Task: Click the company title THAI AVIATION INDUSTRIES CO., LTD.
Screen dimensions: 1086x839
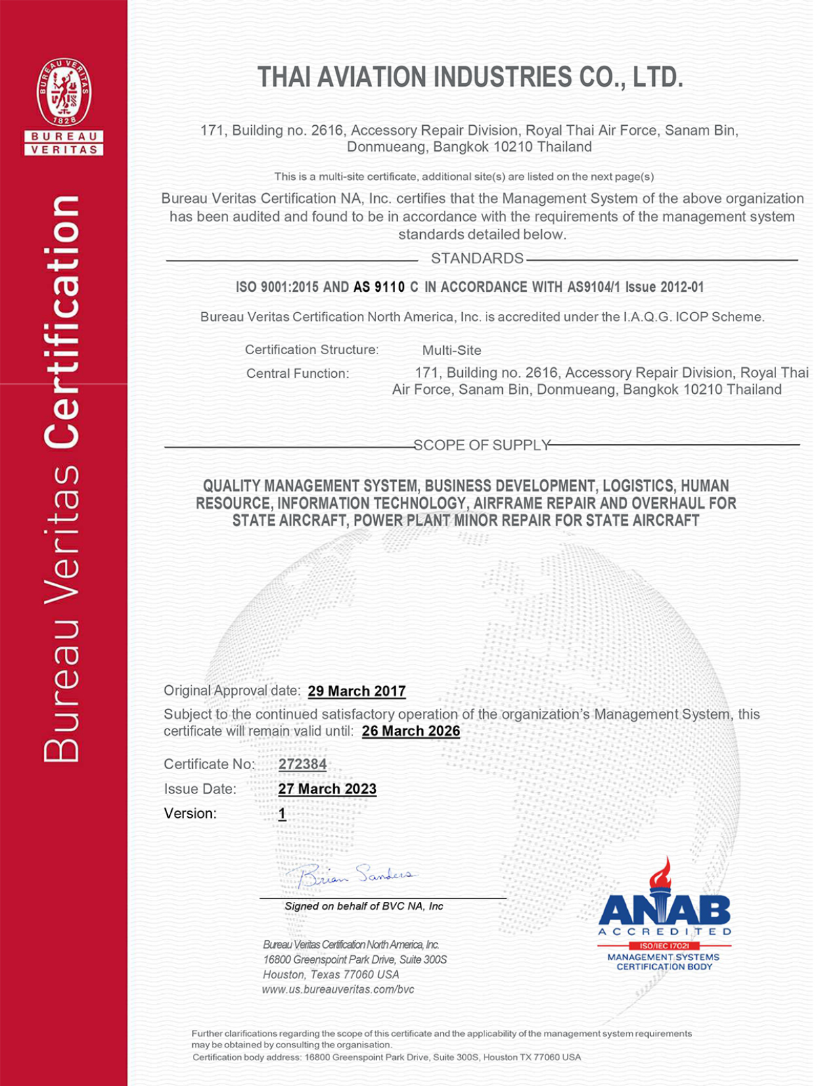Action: (x=470, y=78)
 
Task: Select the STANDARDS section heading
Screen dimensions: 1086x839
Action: (x=477, y=259)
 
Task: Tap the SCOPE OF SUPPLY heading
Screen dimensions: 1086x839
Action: (x=482, y=446)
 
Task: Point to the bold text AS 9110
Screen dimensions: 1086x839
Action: (x=379, y=287)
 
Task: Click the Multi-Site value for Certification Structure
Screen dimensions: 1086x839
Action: (x=451, y=351)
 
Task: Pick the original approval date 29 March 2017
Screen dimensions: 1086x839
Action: (x=357, y=691)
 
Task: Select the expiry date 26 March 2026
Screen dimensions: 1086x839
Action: (x=411, y=731)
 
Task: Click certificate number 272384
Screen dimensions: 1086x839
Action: (x=302, y=764)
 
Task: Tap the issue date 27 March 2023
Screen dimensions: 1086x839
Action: (x=327, y=789)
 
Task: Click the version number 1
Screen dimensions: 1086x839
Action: (x=282, y=814)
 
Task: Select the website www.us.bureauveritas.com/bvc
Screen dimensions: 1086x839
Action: (x=338, y=990)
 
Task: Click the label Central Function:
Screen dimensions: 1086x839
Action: (x=298, y=374)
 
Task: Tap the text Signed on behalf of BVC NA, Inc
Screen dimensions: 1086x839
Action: (x=363, y=907)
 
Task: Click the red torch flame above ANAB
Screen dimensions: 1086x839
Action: (x=661, y=873)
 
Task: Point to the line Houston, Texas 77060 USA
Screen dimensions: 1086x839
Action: (x=331, y=975)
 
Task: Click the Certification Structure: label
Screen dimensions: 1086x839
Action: (x=312, y=350)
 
